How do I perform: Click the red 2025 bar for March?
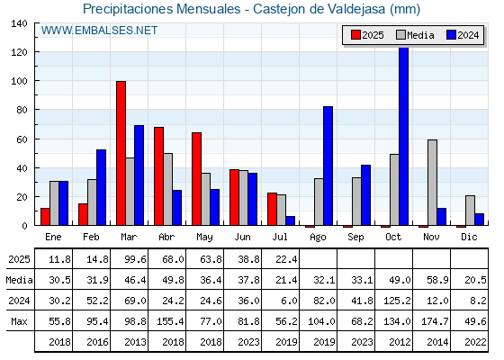[x=121, y=153]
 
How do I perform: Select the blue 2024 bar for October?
[x=404, y=136]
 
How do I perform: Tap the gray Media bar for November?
[x=432, y=182]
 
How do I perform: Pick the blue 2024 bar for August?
[x=328, y=166]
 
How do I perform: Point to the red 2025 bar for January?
[x=45, y=217]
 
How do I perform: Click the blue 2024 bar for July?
[x=290, y=220]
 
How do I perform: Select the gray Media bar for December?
[x=470, y=211]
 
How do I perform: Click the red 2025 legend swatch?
[x=355, y=35]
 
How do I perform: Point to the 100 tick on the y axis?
[x=19, y=81]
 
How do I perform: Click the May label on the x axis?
[x=204, y=238]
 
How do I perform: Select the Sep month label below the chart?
[x=355, y=238]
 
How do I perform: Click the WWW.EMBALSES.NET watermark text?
[x=99, y=31]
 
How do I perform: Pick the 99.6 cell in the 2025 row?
[x=135, y=259]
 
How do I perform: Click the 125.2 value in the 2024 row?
[x=397, y=301]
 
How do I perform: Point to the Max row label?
[x=19, y=321]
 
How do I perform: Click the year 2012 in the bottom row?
[x=400, y=342]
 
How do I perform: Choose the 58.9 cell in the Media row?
[x=437, y=280]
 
